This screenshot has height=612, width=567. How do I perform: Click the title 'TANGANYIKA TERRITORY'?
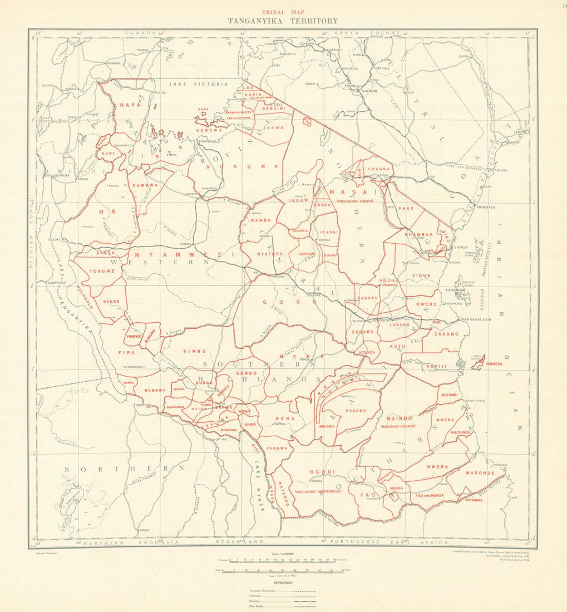tap(282, 21)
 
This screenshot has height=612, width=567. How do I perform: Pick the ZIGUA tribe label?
tap(421, 275)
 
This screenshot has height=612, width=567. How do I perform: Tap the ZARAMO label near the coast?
tap(446, 334)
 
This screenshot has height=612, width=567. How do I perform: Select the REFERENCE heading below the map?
tap(282, 583)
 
